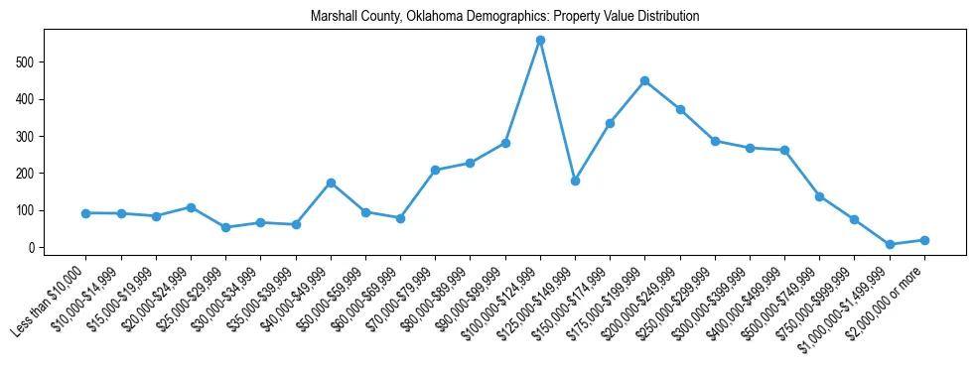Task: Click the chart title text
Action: pos(504,16)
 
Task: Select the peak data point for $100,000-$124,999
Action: pos(540,41)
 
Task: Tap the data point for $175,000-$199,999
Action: pos(645,80)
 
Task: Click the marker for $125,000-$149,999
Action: pos(575,181)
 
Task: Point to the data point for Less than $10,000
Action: pos(86,213)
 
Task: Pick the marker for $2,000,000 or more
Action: pos(924,240)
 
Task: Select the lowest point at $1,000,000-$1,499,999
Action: pos(890,244)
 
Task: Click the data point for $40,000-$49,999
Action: pos(331,183)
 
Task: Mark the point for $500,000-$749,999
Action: pos(819,196)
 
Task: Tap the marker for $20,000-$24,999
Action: pos(191,207)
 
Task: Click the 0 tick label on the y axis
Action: pos(33,248)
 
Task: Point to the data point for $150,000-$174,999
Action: pos(610,123)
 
